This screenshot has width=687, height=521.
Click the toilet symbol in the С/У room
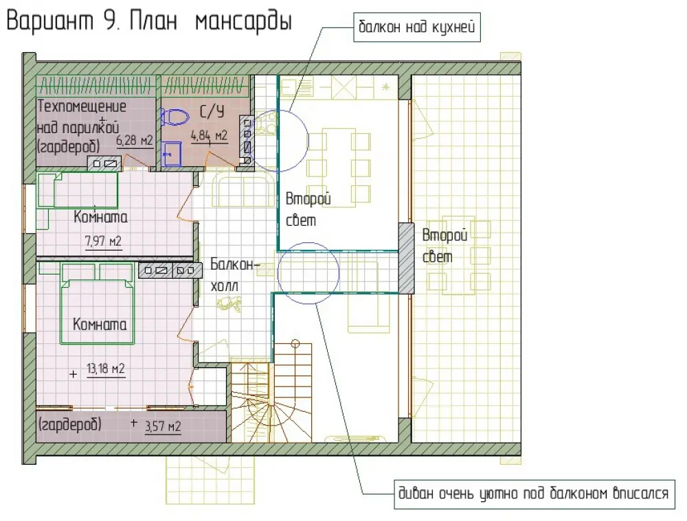[x=174, y=117]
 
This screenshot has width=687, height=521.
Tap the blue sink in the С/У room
[x=172, y=153]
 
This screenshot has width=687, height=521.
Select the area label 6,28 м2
[x=135, y=141]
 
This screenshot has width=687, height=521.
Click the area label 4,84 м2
[x=209, y=136]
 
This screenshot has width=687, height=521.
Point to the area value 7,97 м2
[x=103, y=241]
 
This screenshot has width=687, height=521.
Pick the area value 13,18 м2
[x=106, y=369]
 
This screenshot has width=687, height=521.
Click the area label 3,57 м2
[x=163, y=426]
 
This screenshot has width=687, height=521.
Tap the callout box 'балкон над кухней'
[x=417, y=27]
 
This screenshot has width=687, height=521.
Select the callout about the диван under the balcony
[x=534, y=494]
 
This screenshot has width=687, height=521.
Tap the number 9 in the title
[x=109, y=21]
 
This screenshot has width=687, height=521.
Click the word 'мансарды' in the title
[x=243, y=22]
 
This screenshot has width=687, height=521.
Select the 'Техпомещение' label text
[x=82, y=106]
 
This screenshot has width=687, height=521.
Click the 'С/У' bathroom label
[x=212, y=112]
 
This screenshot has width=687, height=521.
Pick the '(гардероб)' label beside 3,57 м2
[x=70, y=425]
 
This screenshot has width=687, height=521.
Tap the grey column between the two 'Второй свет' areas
[x=406, y=258]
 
